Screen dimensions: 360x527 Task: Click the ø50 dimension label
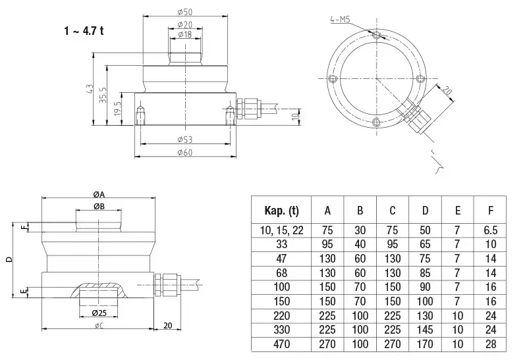pos(184,13)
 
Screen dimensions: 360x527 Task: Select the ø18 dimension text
pos(184,34)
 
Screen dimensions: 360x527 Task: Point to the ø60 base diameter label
pos(184,152)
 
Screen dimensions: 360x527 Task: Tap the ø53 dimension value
pos(184,140)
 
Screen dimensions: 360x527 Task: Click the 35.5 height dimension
pos(102,94)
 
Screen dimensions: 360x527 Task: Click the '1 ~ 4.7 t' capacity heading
pos(84,32)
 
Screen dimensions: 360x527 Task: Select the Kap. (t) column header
pos(281,211)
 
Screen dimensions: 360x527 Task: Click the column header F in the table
pos(490,211)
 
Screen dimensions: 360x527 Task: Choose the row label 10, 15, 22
pos(281,231)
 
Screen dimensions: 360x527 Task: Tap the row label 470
pos(281,344)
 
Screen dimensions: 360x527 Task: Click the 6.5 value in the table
pos(490,231)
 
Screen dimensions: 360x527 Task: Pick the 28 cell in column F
pos(490,344)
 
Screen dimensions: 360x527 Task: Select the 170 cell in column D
pos(425,344)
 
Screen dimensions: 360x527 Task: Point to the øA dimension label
pos(99,194)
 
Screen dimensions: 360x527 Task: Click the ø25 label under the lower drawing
pos(99,311)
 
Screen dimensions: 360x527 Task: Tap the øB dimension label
pos(99,207)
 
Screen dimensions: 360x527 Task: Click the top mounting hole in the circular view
pos(376,35)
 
